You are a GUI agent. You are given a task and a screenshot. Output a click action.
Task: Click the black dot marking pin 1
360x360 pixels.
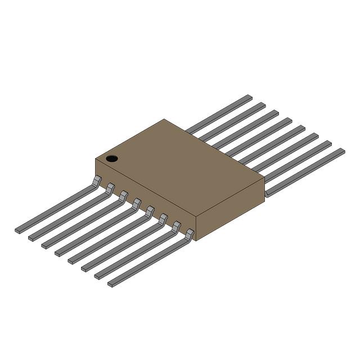pos(112,159)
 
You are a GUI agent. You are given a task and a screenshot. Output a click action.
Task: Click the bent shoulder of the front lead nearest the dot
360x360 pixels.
pos(97,180)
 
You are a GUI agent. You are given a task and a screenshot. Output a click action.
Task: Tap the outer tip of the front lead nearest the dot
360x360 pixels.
pos(18,230)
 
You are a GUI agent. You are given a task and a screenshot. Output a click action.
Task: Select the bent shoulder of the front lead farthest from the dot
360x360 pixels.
pos(189,233)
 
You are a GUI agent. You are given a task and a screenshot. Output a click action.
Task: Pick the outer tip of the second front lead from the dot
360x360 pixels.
pos(31,237)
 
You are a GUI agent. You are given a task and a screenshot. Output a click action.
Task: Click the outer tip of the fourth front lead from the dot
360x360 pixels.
pos(58,253)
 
